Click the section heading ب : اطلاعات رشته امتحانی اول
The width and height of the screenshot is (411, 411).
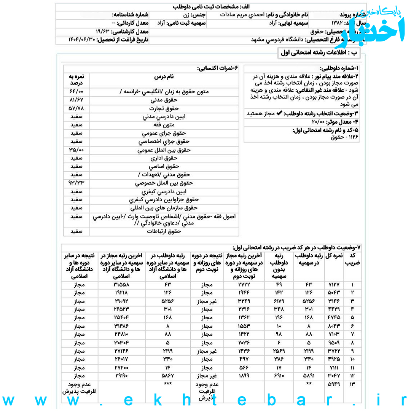(319, 53)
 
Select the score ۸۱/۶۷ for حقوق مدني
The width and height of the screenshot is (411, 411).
(76, 100)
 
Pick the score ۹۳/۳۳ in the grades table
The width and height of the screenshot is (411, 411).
(76, 183)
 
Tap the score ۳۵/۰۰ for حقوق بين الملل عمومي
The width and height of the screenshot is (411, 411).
(76, 150)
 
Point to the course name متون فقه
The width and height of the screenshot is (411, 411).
(164, 125)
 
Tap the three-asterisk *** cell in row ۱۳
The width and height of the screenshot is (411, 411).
(168, 384)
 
